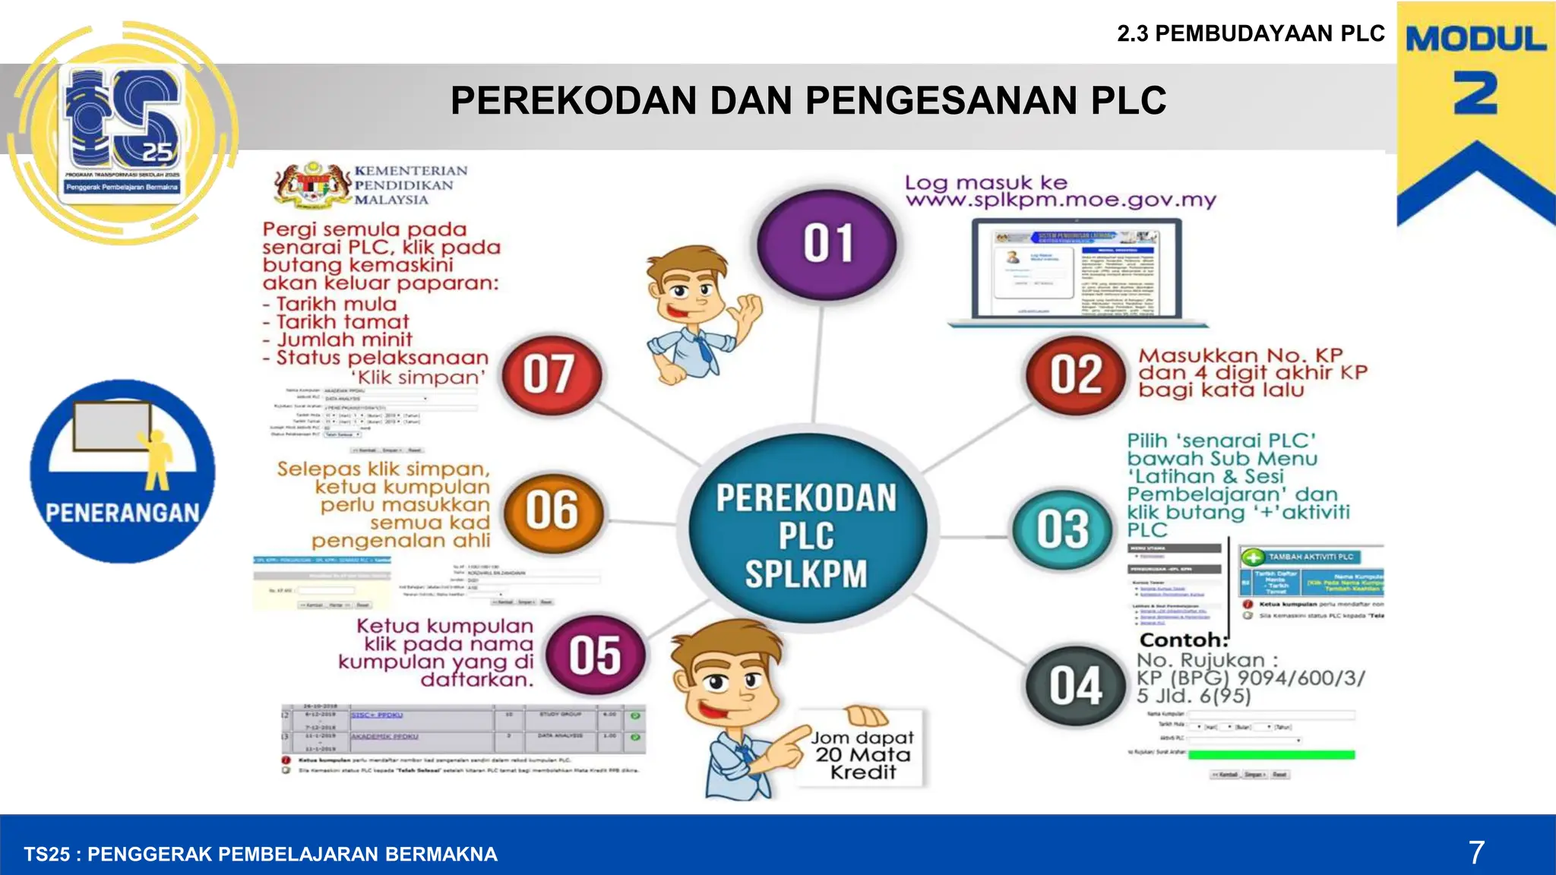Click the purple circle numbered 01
(x=827, y=243)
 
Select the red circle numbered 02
(x=1075, y=374)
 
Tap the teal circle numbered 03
(x=1062, y=529)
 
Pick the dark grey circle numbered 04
(x=1075, y=687)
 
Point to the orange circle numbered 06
(x=552, y=510)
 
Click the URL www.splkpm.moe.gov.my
(x=1061, y=201)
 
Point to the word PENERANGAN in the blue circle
(x=122, y=513)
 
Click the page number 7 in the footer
(x=1475, y=853)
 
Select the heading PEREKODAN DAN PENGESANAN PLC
(x=808, y=100)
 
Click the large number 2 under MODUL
(x=1475, y=94)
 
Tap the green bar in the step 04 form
(x=1271, y=755)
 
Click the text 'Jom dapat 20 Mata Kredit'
(x=862, y=755)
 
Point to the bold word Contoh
(x=1184, y=640)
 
